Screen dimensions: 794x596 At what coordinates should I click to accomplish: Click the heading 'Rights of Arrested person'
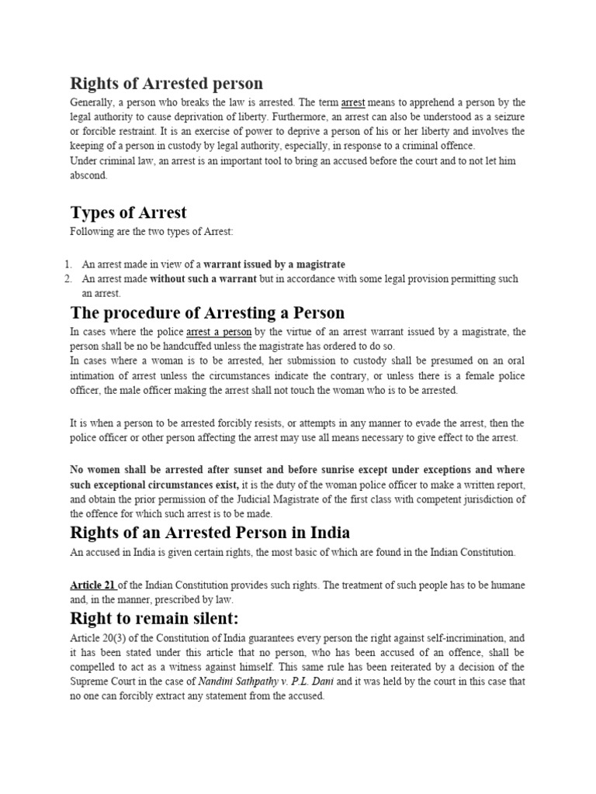click(166, 83)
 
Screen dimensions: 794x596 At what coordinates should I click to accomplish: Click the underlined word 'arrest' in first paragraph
click(353, 102)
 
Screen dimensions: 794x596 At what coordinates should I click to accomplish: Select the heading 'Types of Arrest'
click(128, 212)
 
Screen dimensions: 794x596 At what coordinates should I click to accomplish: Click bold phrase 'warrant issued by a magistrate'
click(274, 264)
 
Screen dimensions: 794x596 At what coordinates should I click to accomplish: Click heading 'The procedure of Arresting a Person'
click(207, 312)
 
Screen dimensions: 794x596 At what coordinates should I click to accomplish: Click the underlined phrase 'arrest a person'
click(219, 332)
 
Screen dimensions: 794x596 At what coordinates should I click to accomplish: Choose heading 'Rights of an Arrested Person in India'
click(210, 533)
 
